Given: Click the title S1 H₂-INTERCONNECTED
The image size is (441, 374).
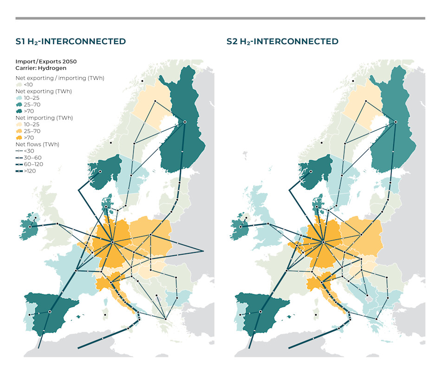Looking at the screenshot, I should click(x=71, y=41).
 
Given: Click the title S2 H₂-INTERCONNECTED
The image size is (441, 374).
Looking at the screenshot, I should click(x=282, y=41).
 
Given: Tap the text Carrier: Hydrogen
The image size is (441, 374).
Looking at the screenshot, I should click(x=41, y=68).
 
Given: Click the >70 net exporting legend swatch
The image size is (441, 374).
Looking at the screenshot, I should click(x=19, y=111).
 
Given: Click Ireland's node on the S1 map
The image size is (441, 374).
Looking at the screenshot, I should click(x=30, y=227).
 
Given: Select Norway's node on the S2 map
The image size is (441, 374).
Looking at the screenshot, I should click(x=311, y=172).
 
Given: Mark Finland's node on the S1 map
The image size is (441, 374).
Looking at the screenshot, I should click(x=184, y=122).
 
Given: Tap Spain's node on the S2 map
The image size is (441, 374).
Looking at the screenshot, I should click(x=260, y=312).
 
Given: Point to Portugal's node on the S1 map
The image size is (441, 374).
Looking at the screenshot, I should click(x=29, y=315).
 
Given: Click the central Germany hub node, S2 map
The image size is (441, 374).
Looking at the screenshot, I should click(x=323, y=241).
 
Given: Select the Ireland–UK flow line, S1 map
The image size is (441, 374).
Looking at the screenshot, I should click(x=44, y=226).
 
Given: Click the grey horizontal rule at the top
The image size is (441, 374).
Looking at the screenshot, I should click(x=220, y=19).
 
